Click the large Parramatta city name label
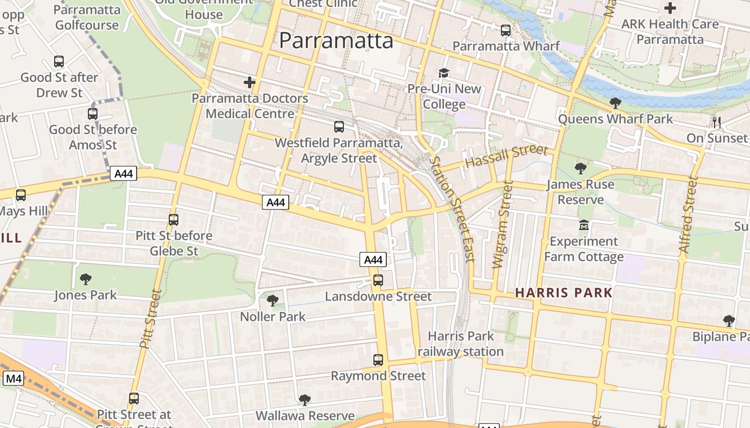(x=336, y=41)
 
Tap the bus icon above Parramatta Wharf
(x=505, y=30)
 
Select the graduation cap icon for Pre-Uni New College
(x=444, y=73)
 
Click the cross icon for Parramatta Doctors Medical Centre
(x=249, y=82)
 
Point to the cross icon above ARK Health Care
(x=670, y=8)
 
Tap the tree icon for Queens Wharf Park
(x=615, y=103)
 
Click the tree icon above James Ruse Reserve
(x=580, y=169)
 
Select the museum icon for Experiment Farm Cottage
(x=584, y=225)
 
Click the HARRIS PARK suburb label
(x=564, y=293)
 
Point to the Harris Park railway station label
(x=461, y=344)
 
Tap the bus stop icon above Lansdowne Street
(x=378, y=280)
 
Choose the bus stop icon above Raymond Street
(x=378, y=360)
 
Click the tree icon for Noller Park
(x=272, y=301)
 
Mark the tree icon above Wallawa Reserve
(x=304, y=400)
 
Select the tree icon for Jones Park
(x=85, y=279)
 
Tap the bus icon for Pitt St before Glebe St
(x=173, y=219)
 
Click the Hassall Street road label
(x=506, y=155)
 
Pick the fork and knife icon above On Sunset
(x=717, y=123)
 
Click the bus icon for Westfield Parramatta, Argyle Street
(x=339, y=127)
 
